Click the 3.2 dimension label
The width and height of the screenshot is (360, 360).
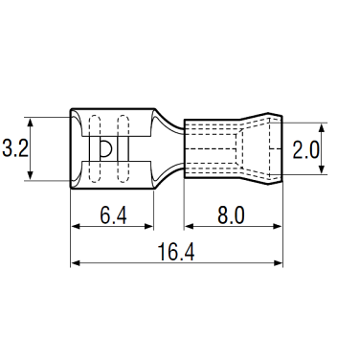[15, 148]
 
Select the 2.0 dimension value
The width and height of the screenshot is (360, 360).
[305, 150]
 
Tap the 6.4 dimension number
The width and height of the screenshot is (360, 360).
[113, 215]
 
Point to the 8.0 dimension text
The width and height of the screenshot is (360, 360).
[231, 215]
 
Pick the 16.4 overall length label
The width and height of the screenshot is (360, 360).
[176, 252]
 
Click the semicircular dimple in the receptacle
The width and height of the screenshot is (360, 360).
[106, 148]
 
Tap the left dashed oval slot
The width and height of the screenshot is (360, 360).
[94, 148]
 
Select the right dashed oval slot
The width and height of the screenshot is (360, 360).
[124, 148]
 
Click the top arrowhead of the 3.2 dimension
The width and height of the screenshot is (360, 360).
[31, 123]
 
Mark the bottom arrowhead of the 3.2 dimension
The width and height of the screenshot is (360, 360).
[31, 175]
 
